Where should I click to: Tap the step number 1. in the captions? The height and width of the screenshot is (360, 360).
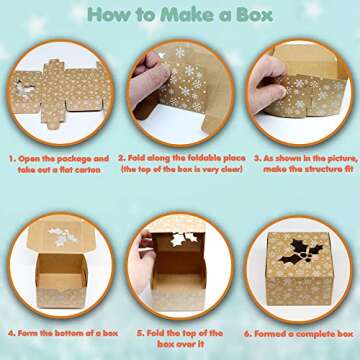pyautogui.click(x=12, y=158)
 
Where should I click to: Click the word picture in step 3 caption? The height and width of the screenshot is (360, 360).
pyautogui.click(x=326, y=158)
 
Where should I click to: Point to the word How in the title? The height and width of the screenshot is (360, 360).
pyautogui.click(x=113, y=14)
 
